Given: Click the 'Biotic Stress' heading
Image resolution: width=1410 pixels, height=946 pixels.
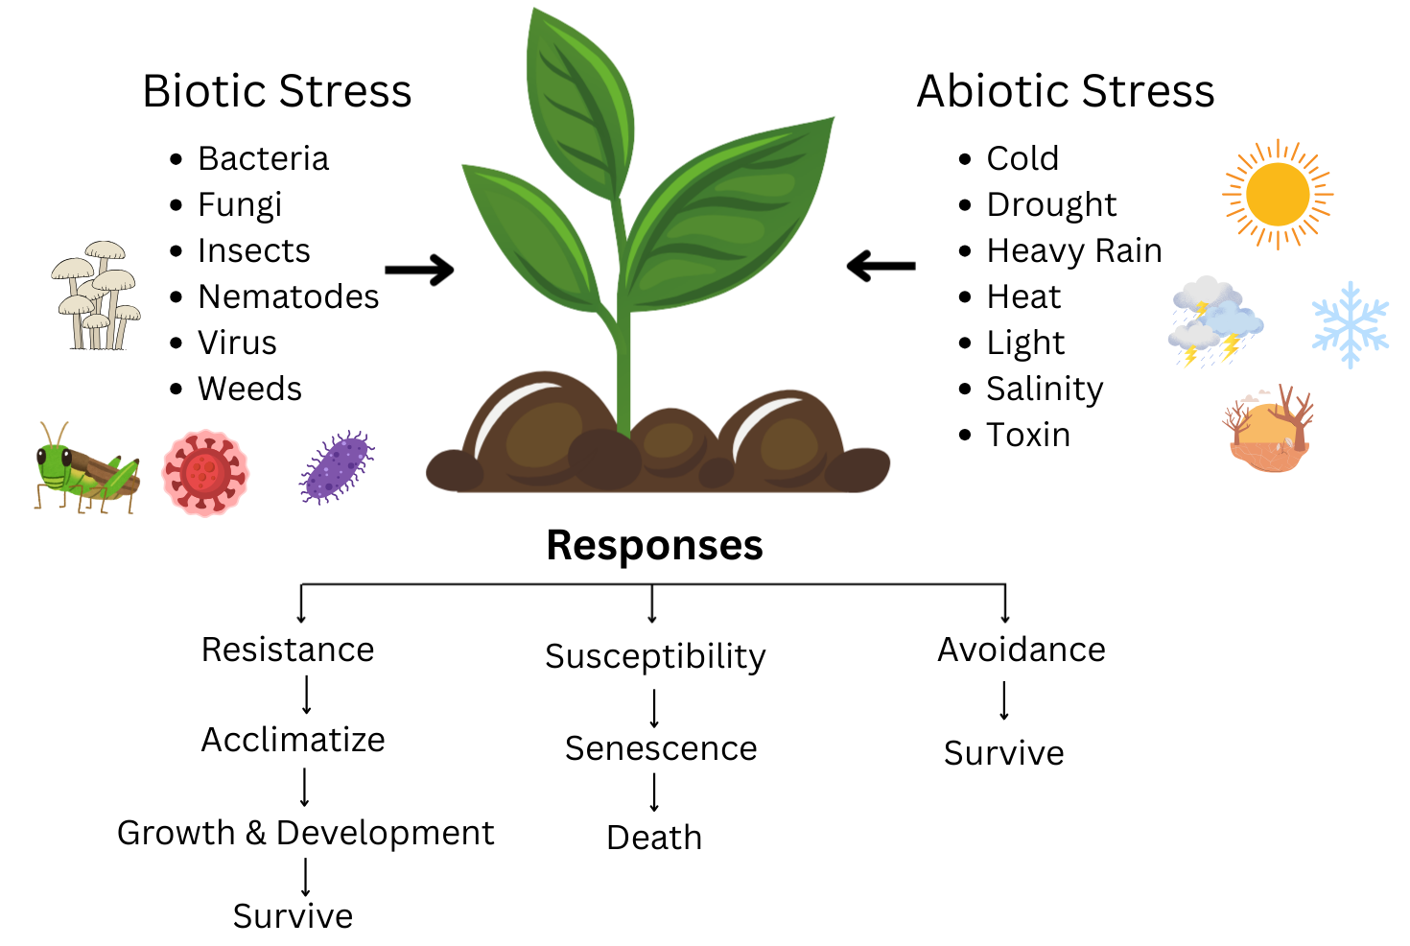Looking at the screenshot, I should point(276,92).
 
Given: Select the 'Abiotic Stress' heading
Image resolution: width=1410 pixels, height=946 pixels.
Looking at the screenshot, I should point(1066,92).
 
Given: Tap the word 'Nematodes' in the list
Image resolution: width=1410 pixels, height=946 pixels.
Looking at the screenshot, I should point(288,296).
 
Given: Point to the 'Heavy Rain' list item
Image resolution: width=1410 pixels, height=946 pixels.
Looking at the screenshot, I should point(1073,250).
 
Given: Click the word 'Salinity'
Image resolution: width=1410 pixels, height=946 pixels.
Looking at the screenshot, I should point(1045,389).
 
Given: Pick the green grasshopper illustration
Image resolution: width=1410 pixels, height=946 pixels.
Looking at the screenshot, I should point(85,467).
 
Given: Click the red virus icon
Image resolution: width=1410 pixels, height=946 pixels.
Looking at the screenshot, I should point(204,472).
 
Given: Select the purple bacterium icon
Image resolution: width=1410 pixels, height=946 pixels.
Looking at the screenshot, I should point(337,467).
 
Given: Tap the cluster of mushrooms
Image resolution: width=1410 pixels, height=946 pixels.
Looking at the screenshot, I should point(97,295).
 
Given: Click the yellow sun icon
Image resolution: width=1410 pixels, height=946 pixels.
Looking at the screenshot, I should point(1278,195).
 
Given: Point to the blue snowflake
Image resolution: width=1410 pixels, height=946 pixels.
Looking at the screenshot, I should point(1350,324).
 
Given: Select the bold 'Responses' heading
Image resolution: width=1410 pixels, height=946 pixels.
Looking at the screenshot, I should point(654,545).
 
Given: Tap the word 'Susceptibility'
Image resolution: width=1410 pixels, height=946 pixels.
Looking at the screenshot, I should point(655,656).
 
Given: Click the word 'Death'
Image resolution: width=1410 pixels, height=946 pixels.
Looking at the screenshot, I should point(654,838).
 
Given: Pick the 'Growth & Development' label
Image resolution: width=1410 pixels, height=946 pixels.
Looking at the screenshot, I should point(305,833).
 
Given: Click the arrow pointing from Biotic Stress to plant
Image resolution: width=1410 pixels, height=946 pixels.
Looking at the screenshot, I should point(419,270).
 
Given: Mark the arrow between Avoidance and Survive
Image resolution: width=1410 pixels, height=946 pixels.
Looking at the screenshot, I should point(1004,700).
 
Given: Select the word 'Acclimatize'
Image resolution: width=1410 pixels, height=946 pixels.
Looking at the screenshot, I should point(293,740).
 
